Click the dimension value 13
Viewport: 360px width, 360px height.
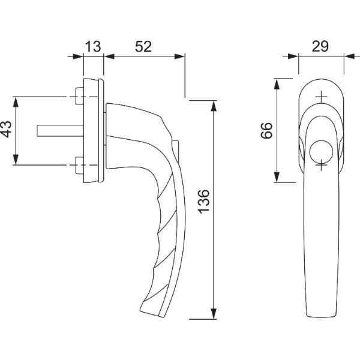click(93, 46)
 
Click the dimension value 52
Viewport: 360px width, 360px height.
click(143, 46)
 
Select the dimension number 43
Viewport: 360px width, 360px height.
click(7, 129)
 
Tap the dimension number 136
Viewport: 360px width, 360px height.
click(203, 202)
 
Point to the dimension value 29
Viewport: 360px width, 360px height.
click(320, 46)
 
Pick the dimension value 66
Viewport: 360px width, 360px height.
click(266, 130)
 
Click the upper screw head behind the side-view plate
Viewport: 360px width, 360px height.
click(79, 96)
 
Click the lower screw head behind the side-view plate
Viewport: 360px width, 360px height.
click(79, 166)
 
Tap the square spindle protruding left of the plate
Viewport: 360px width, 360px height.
click(60, 131)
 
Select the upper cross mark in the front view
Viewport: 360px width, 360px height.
click(321, 97)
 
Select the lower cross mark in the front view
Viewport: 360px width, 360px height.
click(321, 165)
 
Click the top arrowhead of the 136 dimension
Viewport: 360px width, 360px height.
click(214, 106)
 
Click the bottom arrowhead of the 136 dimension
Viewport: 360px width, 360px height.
click(214, 314)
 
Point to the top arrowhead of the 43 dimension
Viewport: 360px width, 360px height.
click(16, 103)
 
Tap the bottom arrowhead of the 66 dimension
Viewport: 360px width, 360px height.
click(277, 177)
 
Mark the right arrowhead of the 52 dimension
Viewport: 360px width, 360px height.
click(179, 56)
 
